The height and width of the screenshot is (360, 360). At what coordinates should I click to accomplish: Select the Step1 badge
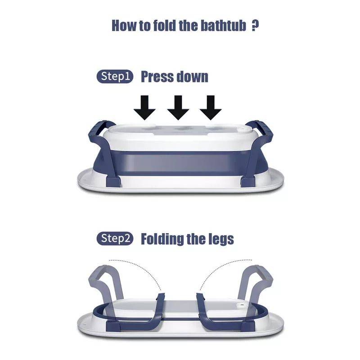tap(115, 76)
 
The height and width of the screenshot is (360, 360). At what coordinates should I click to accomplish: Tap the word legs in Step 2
tap(219, 239)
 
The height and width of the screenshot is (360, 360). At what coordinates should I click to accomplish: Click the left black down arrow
tap(144, 108)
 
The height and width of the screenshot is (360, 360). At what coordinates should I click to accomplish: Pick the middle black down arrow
tap(178, 108)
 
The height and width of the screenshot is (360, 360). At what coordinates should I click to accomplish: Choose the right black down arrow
tap(211, 108)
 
